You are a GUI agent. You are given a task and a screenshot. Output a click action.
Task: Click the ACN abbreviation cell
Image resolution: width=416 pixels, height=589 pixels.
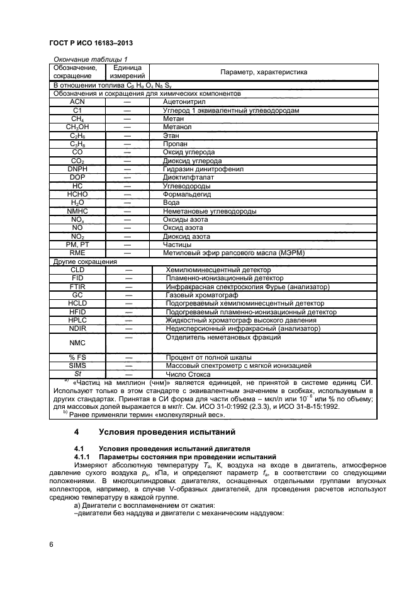pos(77,101)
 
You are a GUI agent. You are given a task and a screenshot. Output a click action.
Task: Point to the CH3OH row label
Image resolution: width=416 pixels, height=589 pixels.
pos(77,127)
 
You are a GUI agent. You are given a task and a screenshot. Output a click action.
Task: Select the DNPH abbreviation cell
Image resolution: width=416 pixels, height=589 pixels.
pos(77,169)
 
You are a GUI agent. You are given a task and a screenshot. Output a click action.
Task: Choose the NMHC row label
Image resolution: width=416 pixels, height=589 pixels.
pos(77,212)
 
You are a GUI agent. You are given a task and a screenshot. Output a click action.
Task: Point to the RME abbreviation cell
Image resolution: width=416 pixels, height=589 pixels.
pos(77,253)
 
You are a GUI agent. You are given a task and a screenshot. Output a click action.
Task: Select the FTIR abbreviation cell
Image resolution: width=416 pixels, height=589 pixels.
pos(77,287)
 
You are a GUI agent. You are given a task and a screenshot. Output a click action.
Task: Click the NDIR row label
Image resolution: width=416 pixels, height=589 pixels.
pos(77,328)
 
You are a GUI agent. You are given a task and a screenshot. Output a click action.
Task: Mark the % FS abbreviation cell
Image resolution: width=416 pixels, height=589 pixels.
pos(77,357)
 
